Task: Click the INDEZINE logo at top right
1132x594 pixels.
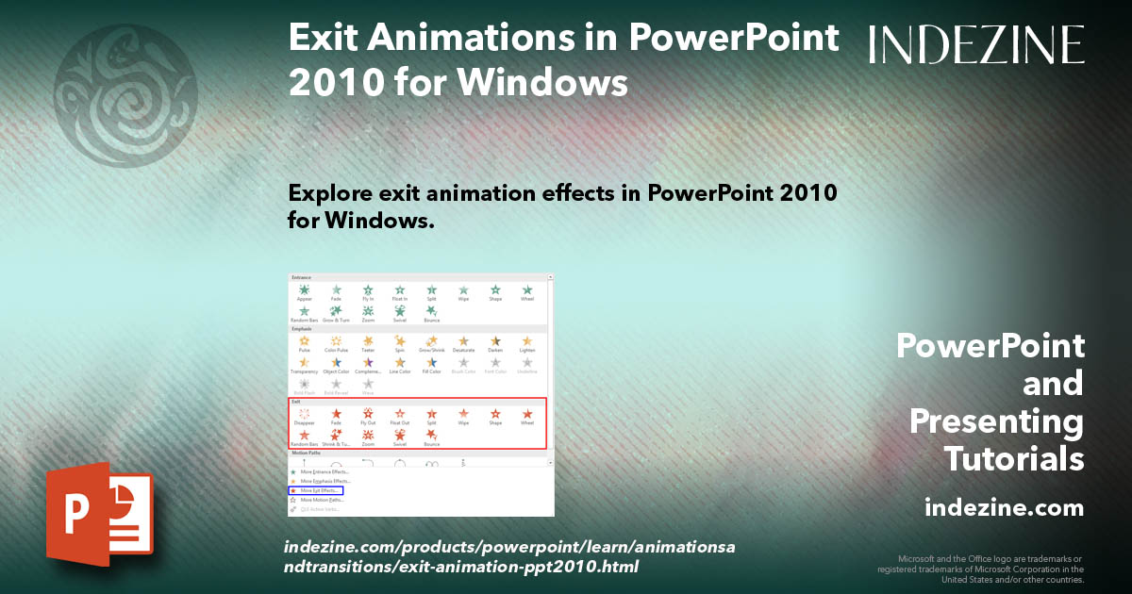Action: click(976, 44)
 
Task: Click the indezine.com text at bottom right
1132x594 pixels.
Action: click(1004, 508)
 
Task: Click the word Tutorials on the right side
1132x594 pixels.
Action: click(1014, 459)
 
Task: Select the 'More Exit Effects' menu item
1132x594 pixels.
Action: click(318, 490)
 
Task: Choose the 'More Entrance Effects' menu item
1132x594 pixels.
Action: click(323, 471)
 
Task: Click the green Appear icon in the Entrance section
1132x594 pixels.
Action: click(304, 291)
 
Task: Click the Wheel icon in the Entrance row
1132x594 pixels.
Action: click(527, 291)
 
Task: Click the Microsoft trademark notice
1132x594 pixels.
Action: click(981, 569)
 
